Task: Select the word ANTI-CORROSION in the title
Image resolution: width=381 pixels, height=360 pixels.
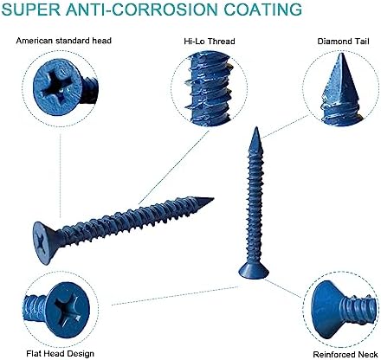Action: click(x=141, y=11)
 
